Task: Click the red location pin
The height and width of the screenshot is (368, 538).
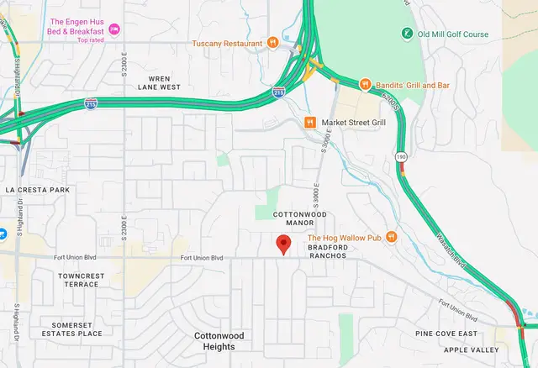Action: pos(283,244)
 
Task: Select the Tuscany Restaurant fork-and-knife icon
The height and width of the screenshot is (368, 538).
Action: pos(272,43)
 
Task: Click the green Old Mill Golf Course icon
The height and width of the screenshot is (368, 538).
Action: pos(408,34)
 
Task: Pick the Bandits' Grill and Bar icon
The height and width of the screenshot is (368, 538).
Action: pos(365,85)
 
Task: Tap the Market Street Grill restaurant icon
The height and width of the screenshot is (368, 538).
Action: pos(310,123)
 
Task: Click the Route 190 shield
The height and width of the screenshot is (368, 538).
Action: pos(403,156)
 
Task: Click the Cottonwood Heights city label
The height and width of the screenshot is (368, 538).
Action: pos(219,340)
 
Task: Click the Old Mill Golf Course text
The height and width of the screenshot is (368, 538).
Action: pos(455,34)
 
